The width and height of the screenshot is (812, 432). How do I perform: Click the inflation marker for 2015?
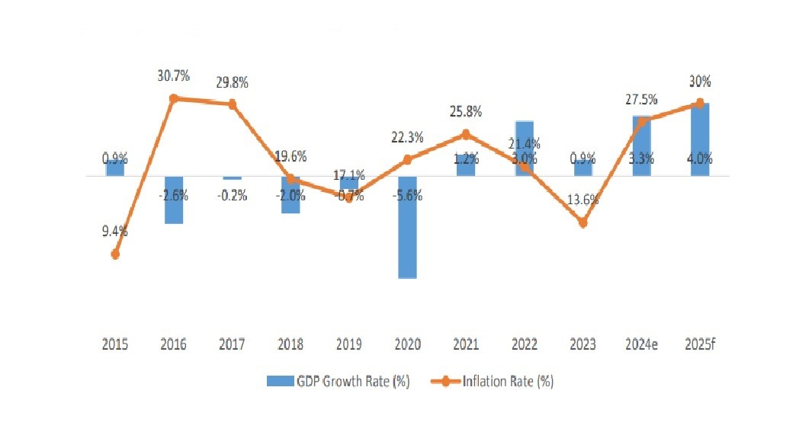point(115,254)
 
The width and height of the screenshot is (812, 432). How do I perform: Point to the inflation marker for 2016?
point(174,98)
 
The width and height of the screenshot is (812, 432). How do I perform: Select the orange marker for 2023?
point(583,223)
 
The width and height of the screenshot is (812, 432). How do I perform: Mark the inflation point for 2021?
point(466,135)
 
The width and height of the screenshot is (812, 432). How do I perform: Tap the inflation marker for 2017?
point(232,104)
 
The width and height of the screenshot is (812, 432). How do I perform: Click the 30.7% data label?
point(173,76)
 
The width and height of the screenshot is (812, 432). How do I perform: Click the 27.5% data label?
point(642,100)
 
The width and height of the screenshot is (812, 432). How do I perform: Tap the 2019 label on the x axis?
point(348,344)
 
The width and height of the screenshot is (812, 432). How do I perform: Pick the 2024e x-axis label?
point(641,344)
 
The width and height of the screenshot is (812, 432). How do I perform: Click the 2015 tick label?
point(115,344)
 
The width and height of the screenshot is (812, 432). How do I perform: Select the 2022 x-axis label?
point(525,344)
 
